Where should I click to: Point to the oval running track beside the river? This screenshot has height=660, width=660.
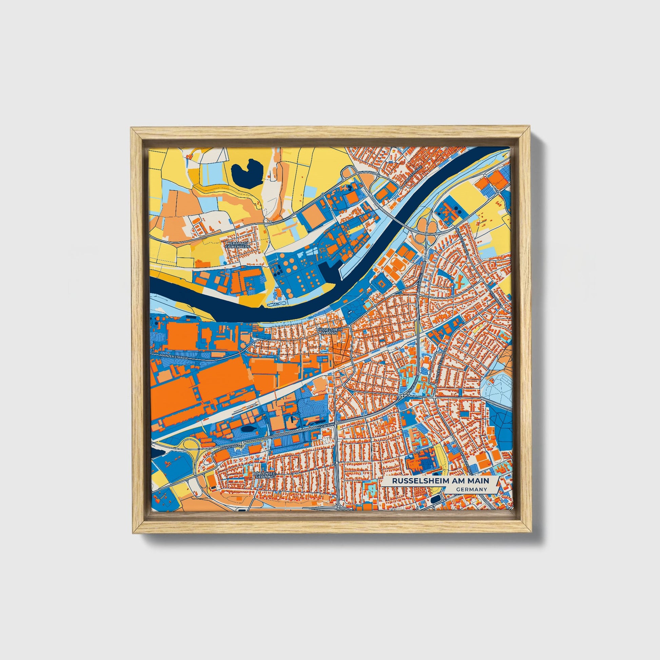tap(397, 264)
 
